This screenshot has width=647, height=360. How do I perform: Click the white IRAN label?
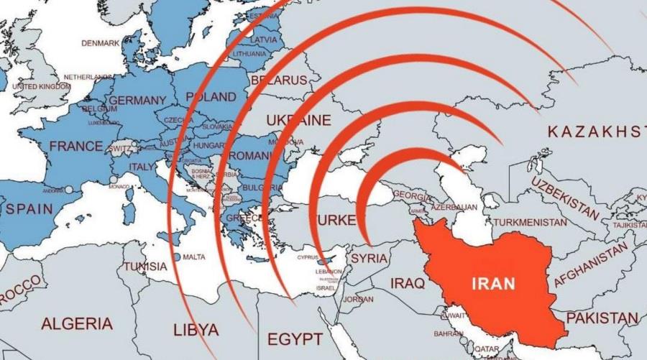click(493, 283)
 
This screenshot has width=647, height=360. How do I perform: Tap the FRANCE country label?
click(75, 147)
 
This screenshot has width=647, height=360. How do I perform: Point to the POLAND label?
click(211, 96)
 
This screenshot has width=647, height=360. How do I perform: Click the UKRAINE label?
click(298, 120)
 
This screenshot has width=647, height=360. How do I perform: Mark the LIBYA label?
click(196, 330)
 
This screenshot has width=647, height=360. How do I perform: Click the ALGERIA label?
click(76, 323)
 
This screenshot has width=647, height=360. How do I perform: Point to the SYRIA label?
click(369, 258)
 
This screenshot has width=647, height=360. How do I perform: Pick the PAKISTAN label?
click(602, 318)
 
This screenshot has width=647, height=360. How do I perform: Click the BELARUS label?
click(278, 80)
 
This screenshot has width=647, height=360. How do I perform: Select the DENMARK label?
click(100, 43)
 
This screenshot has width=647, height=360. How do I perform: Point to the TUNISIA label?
click(144, 267)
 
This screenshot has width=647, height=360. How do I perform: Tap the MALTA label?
click(193, 257)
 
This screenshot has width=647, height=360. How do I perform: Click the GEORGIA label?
click(412, 196)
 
